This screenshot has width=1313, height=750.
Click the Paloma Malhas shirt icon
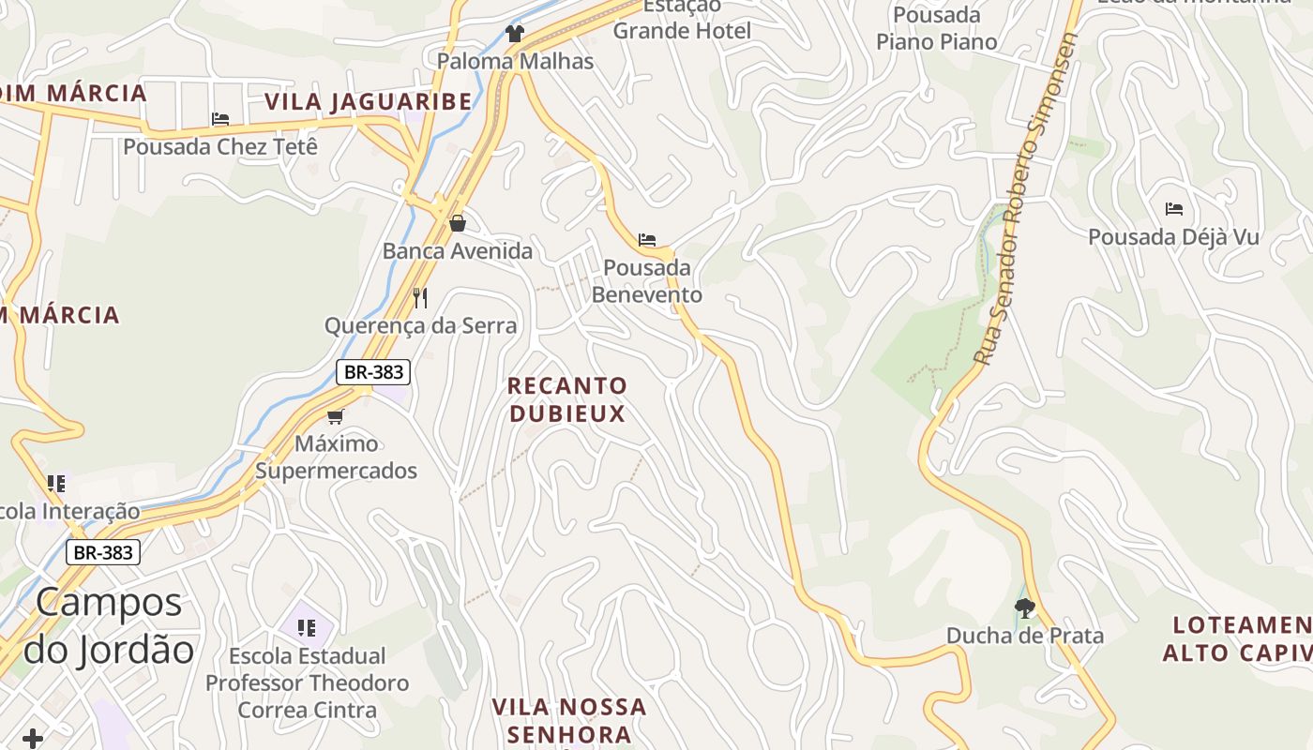tap(514, 34)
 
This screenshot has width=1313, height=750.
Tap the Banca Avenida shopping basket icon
tap(458, 223)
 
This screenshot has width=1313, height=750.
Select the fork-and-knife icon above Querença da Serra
tap(420, 298)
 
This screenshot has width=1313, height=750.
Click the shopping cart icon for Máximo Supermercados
tap(335, 416)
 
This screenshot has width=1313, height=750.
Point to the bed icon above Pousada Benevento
tap(647, 240)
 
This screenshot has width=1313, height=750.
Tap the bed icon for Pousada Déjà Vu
tap(1173, 209)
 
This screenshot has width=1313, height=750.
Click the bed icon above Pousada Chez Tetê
tap(220, 119)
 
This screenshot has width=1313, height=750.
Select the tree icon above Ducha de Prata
tap(1024, 608)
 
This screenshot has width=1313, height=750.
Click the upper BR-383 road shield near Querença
tap(373, 372)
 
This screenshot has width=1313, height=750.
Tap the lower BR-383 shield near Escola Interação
tap(103, 552)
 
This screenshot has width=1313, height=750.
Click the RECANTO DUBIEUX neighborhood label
tap(567, 399)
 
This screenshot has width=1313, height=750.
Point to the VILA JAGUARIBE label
tap(369, 101)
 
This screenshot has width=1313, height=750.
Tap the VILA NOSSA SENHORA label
tap(569, 719)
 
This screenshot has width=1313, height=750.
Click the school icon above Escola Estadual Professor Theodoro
tap(306, 627)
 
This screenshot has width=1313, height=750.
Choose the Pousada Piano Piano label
tap(936, 28)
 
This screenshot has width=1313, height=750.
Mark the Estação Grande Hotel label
tap(682, 19)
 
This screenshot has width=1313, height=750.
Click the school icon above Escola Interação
tap(56, 484)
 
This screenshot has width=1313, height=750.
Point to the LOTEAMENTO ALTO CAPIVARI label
tap(1238, 638)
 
